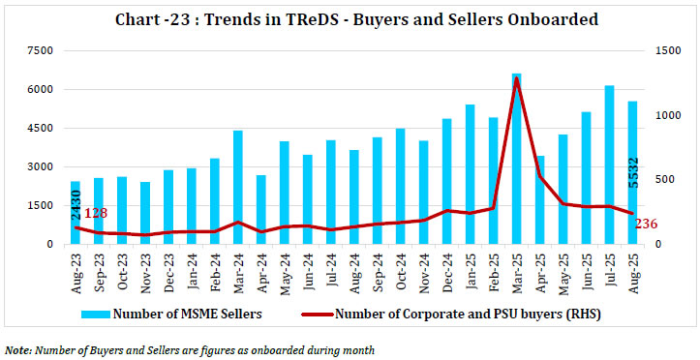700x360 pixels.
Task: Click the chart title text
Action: (349, 19)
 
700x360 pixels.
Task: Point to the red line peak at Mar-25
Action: (517, 78)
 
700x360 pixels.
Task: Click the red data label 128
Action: (95, 213)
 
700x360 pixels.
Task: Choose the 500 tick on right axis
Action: (665, 180)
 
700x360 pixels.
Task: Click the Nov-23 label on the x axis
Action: (145, 266)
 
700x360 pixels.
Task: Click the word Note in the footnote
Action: (18, 348)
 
